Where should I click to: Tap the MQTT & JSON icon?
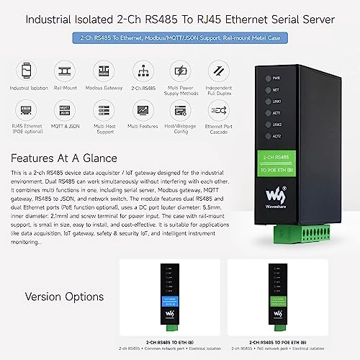[x=65, y=109]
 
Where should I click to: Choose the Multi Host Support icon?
[x=104, y=109]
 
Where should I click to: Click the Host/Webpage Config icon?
[x=180, y=109]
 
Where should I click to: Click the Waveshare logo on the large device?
[x=276, y=194]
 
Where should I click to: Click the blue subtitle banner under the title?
[x=179, y=37]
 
